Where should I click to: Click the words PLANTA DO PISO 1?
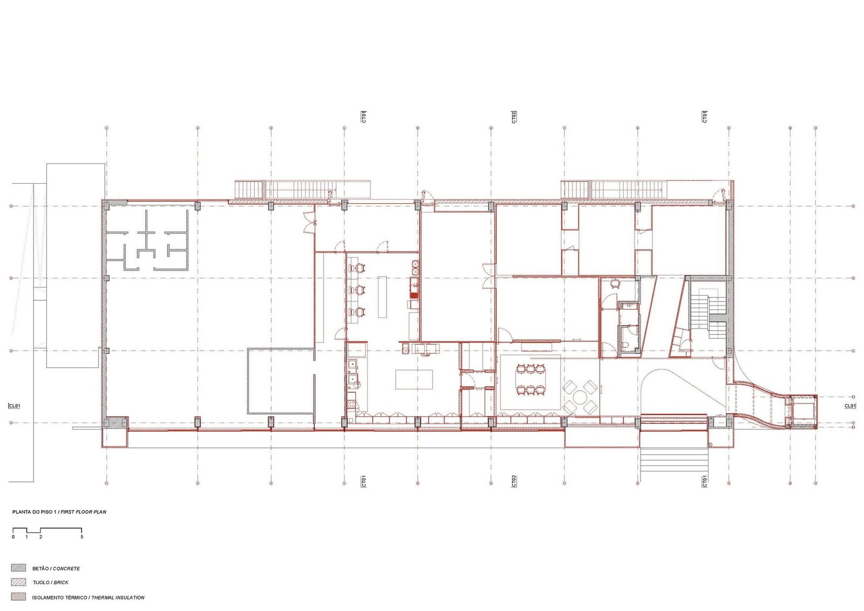[x=35, y=512]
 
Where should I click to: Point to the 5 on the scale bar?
[x=82, y=537]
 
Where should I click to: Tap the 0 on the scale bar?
[x=13, y=537]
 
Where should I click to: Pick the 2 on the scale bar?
[x=40, y=537]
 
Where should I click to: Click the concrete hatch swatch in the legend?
[x=18, y=568]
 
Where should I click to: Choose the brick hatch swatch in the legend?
[x=18, y=582]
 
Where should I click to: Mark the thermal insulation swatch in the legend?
[x=18, y=597]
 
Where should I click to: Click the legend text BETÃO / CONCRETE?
[x=56, y=568]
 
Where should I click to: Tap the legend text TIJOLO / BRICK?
[x=50, y=582]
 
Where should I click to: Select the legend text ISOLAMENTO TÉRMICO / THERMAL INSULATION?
[x=89, y=597]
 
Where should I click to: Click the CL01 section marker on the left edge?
[x=14, y=406]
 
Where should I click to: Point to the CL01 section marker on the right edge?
[x=850, y=406]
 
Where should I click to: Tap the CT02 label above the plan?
[x=514, y=117]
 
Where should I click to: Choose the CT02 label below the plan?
[x=514, y=481]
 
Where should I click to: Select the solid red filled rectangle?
[x=414, y=296]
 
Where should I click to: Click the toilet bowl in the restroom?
[x=626, y=344]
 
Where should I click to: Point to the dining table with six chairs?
[x=530, y=379]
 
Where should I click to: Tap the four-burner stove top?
[x=351, y=404]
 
